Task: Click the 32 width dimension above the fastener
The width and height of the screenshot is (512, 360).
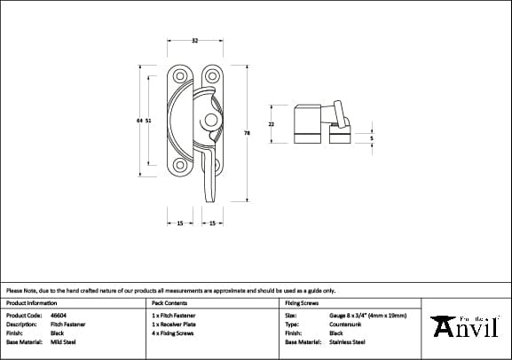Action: coord(194,41)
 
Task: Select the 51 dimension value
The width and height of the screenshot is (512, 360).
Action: coord(148,122)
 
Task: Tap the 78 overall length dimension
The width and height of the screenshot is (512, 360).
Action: coord(247,133)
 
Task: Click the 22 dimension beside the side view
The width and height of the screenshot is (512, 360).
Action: coord(272,124)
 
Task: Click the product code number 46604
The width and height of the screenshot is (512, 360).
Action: coord(59,315)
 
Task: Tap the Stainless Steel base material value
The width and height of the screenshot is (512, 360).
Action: coord(348,341)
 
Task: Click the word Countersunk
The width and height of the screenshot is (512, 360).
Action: coord(345,324)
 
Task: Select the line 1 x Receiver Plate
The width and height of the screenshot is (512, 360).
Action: coord(175,324)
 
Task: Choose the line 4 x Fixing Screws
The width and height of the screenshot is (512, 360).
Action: coord(174,333)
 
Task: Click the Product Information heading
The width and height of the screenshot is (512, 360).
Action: coord(31,302)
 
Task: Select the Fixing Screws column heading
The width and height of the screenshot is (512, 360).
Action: coord(302,302)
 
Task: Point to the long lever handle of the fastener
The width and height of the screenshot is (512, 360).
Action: coord(210,173)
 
